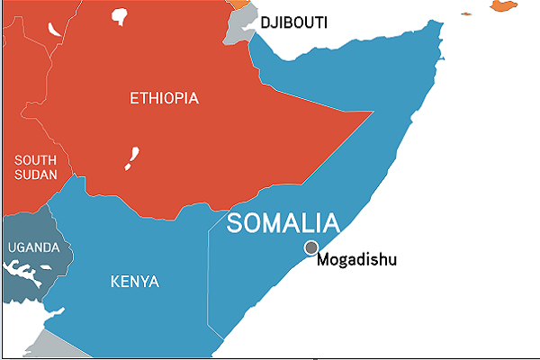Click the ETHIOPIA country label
[164, 97]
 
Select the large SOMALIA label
[283, 223]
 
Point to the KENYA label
[134, 282]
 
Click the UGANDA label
[33, 247]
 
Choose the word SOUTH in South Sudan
[34, 159]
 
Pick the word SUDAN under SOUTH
[35, 175]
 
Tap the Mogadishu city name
[356, 261]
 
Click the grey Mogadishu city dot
[311, 247]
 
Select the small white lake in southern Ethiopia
[134, 158]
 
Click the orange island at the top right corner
[504, 5]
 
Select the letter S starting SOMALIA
[235, 223]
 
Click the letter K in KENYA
[114, 282]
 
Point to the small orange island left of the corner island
[467, 13]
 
